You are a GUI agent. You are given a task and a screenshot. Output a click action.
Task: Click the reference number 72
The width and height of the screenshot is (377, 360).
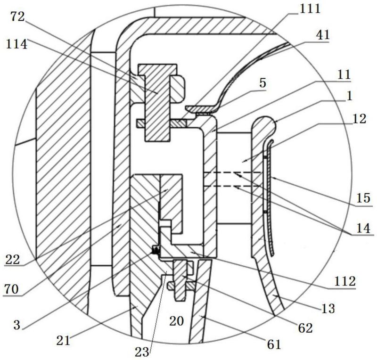pos(17,17)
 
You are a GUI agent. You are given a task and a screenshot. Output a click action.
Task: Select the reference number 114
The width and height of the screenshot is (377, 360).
pos(16,44)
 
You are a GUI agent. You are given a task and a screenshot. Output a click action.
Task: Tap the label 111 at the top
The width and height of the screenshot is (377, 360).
pos(310,9)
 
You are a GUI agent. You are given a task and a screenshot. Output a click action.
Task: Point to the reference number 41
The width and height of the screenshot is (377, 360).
pos(323,35)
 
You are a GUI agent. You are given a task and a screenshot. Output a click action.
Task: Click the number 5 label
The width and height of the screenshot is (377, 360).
pos(263,83)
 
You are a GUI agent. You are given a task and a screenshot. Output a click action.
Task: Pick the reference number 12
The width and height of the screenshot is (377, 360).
pos(359,119)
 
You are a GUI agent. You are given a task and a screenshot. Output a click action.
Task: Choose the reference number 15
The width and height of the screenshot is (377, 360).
pos(363,198)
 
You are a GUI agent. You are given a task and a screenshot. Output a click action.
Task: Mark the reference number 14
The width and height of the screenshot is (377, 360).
pos(363,228)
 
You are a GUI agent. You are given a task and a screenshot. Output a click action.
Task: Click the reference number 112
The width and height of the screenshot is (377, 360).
pos(344,281)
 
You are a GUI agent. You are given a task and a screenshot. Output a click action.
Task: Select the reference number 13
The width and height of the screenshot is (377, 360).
pos(328,308)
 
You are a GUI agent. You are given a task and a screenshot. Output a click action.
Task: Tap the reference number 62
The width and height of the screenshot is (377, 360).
pos(305,327)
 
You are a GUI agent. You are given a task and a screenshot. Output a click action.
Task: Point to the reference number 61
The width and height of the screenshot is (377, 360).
pos(274,344)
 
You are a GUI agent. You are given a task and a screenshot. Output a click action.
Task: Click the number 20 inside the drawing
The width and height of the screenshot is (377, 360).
pos(176,321)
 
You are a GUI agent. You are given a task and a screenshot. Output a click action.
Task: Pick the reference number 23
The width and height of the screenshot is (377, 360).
pos(142,352)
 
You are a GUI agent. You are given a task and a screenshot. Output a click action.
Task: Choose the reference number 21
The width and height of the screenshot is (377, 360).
pos(63,340)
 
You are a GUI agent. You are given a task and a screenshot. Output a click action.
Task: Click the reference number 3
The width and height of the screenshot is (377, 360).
pos(17,325)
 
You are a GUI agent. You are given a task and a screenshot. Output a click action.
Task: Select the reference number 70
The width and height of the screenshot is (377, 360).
pos(11,289)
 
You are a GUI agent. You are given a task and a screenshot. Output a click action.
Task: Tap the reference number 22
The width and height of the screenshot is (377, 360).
pos(13,259)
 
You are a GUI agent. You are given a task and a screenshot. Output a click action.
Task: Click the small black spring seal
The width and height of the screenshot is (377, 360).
pos(156,250)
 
